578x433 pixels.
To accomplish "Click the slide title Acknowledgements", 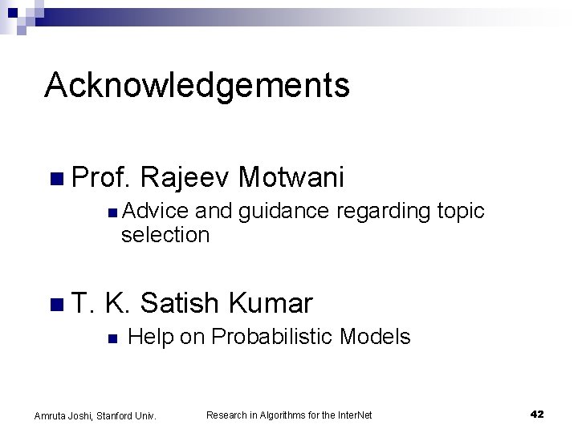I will coord(197,85).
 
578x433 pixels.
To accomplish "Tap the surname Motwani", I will coord(291,177).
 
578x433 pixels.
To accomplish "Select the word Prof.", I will coord(100,177).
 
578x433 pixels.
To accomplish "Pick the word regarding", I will coord(383,212).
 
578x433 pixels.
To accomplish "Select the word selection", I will coord(165,235).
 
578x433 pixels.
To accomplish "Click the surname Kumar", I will coord(271,303).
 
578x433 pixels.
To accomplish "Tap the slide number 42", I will coord(537,414).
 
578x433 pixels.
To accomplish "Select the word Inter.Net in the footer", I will coord(353,415).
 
